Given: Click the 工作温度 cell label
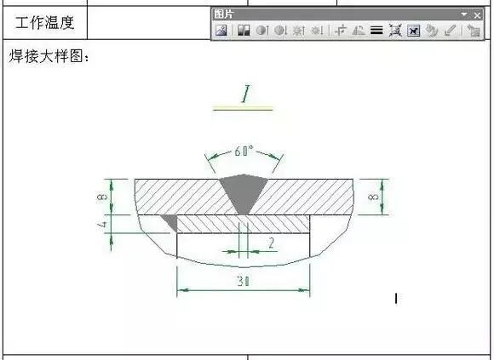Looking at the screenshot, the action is pos(45,23).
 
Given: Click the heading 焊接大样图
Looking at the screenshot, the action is pos(46,56).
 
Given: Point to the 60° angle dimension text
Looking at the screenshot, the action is pos(244,151).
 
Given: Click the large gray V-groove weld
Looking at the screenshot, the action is pos(244,192).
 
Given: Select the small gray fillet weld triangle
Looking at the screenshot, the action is pos(171,221).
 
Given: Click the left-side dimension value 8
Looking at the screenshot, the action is pos(102,197).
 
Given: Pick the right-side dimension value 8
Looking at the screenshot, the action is pos(373,197).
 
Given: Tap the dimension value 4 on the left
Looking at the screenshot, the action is pos(103,225).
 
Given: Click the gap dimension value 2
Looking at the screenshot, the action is pos(271,243).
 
